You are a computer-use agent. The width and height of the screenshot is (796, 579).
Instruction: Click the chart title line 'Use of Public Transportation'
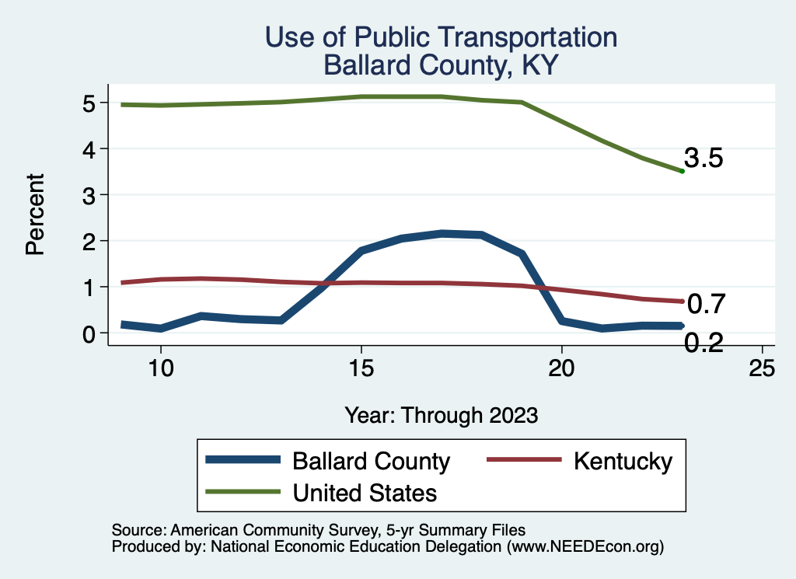[x=441, y=37]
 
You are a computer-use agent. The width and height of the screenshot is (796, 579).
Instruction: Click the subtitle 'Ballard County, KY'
[x=441, y=65]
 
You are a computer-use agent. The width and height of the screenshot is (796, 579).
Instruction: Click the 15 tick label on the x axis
[x=361, y=368]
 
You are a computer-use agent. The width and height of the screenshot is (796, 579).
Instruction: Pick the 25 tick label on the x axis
[x=763, y=368]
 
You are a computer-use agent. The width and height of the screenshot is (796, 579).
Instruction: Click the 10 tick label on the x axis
[x=161, y=368]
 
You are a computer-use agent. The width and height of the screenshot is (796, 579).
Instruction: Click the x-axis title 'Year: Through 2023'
[x=441, y=415]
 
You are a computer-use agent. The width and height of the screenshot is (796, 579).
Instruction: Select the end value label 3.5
[x=703, y=159]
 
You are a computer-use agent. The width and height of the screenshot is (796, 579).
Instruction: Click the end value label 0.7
[x=706, y=304]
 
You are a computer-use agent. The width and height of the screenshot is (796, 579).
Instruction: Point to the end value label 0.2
[x=704, y=342]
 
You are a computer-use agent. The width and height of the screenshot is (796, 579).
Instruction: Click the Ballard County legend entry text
[x=371, y=461]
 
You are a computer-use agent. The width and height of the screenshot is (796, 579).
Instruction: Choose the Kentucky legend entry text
[x=623, y=461]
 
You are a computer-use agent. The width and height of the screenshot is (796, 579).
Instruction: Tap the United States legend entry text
[x=365, y=492]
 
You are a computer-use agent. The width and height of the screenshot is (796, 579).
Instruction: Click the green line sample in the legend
[x=243, y=492]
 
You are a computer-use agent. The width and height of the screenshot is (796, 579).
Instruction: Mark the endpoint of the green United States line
[x=682, y=171]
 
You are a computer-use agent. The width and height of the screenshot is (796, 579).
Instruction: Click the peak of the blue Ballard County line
[x=442, y=233]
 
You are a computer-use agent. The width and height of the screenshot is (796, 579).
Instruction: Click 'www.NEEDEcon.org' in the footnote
[x=585, y=546]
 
